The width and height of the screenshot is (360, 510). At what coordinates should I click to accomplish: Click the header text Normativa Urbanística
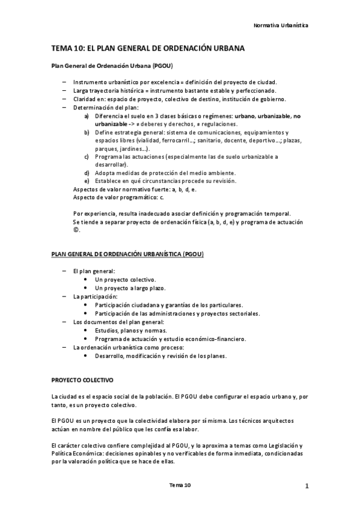click(x=281, y=26)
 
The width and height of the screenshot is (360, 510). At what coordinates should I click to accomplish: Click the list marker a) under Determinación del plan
click(x=87, y=115)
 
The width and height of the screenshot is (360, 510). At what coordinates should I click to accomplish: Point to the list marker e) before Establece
click(x=87, y=181)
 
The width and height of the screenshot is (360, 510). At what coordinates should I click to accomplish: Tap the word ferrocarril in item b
click(x=170, y=140)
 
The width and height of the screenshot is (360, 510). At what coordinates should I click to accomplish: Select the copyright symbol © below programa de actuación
click(x=76, y=230)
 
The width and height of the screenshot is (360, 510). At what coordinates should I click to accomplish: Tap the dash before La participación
click(x=65, y=297)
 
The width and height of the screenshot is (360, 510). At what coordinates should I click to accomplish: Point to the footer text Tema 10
click(x=180, y=485)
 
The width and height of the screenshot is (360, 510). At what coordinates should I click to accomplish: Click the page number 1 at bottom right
click(x=306, y=485)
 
